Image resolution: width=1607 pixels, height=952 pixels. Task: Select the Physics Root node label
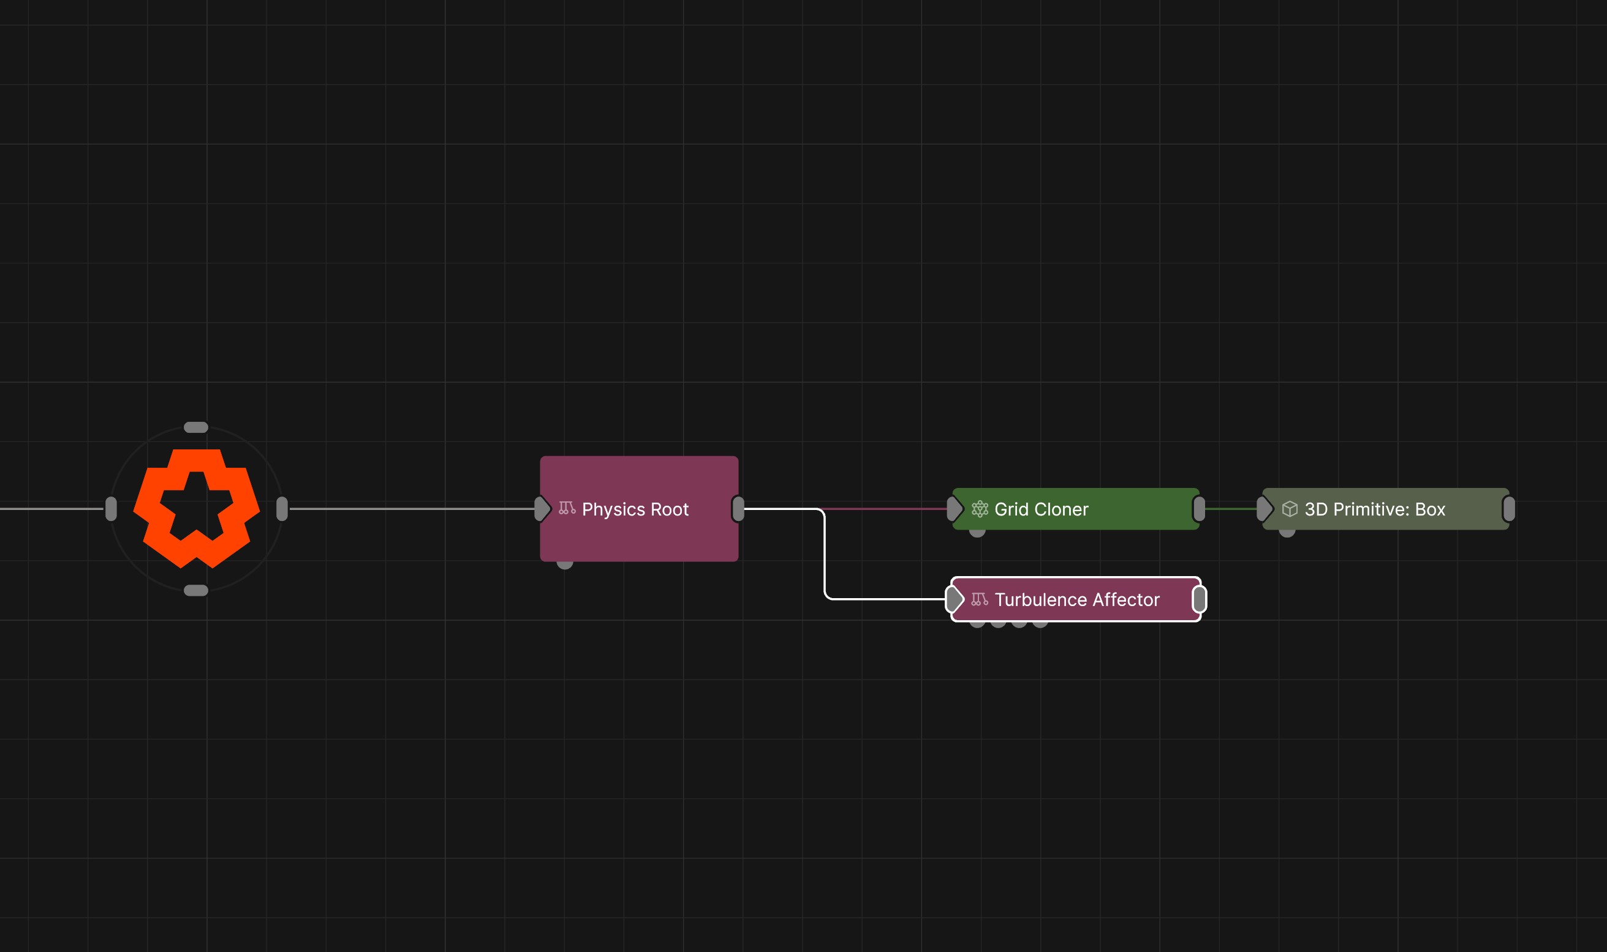click(635, 509)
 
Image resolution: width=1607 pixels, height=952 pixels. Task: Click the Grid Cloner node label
click(1041, 509)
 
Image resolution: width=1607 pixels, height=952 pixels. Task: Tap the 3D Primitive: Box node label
click(1375, 509)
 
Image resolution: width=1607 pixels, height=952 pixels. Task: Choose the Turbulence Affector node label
click(1077, 600)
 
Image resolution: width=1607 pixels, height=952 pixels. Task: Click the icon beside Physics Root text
click(567, 508)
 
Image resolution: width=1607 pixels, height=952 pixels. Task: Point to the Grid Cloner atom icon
click(980, 509)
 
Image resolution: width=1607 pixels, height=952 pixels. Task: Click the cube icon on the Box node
click(1289, 509)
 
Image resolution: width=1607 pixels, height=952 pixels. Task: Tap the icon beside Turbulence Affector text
click(980, 599)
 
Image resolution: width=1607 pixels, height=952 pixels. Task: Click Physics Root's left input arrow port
click(542, 509)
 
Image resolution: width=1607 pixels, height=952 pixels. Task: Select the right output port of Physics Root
click(738, 509)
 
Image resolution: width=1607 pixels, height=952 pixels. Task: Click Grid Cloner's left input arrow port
click(955, 509)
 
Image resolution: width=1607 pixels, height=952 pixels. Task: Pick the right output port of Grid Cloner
click(1199, 509)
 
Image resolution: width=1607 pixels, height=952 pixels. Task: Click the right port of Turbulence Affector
click(1199, 599)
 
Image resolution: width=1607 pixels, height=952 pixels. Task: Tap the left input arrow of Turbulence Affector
click(955, 599)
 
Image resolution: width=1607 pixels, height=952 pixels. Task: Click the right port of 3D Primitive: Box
click(1509, 509)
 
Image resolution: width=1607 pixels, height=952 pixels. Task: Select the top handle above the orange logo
click(195, 427)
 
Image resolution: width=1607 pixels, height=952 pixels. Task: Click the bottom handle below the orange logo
click(195, 590)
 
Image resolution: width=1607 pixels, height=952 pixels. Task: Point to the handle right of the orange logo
click(282, 509)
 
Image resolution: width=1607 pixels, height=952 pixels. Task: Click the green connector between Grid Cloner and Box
click(1231, 509)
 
